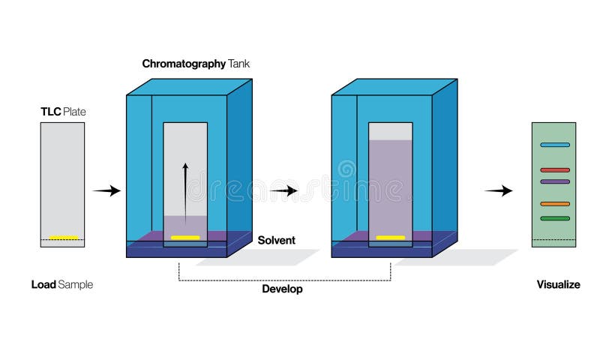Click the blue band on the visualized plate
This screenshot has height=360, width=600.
tap(554, 145)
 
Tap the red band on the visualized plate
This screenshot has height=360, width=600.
tap(554, 170)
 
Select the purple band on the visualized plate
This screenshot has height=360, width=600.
tap(554, 181)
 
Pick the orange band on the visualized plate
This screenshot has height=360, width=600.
tap(554, 204)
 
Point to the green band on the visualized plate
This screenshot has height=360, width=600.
tap(554, 218)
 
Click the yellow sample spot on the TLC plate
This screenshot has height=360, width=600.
tap(64, 238)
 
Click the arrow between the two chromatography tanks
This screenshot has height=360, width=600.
tap(284, 191)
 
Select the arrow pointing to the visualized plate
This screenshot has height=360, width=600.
tap(499, 191)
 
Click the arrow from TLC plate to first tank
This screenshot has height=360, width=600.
tap(106, 191)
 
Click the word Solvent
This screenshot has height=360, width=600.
tap(277, 241)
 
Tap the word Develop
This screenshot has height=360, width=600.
tap(282, 289)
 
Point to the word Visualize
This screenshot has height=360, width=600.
tap(558, 285)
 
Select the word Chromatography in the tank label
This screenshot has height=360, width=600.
tap(184, 64)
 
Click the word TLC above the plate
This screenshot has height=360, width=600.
tap(50, 112)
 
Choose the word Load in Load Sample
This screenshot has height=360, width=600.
tap(43, 285)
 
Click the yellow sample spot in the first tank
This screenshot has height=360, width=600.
tap(185, 238)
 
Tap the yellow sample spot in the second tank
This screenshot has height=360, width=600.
tap(391, 238)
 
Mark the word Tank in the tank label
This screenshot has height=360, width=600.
tap(239, 64)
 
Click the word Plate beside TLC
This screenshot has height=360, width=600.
tap(74, 112)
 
